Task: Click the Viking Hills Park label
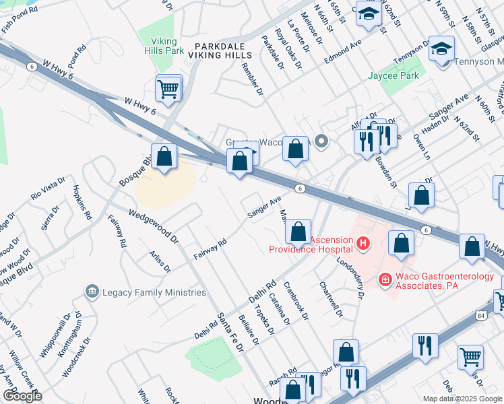pyautogui.click(x=164, y=45)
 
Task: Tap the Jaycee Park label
pyautogui.click(x=393, y=75)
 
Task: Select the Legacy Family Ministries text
pyautogui.click(x=154, y=292)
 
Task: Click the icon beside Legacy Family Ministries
pyautogui.click(x=92, y=292)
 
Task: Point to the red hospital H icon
pyautogui.click(x=363, y=242)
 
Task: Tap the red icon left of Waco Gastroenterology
pyautogui.click(x=385, y=278)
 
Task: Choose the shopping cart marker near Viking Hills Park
pyautogui.click(x=168, y=88)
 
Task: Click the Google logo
pyautogui.click(x=22, y=396)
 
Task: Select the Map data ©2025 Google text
pyautogui.click(x=462, y=399)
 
